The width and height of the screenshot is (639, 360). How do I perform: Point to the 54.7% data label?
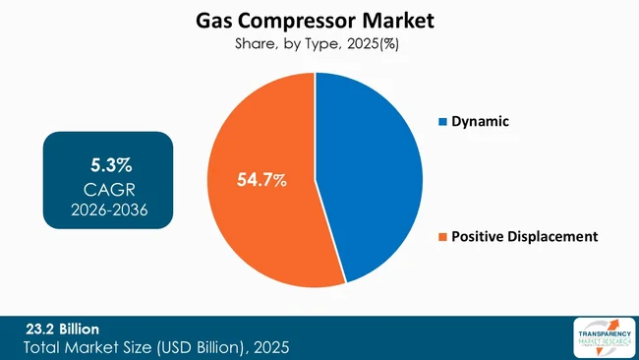pos(261,180)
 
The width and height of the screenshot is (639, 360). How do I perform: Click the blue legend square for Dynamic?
pos(442,122)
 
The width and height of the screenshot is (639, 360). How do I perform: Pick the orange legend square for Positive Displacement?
pos(442,236)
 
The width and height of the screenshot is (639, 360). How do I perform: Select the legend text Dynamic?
pos(482,122)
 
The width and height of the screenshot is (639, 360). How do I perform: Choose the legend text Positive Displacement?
pos(524,236)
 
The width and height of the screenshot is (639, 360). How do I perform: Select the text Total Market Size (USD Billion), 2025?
pos(156,347)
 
